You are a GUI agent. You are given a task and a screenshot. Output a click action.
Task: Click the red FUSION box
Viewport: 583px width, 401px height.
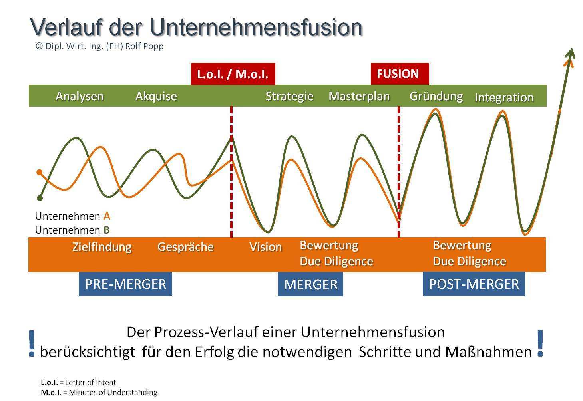399,74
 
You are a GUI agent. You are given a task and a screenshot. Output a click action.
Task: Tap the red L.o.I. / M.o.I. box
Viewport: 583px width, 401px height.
233,74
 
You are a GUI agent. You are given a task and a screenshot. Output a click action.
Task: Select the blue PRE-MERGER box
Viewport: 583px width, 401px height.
125,284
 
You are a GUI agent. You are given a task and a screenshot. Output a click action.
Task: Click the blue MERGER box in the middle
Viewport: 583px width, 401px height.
310,284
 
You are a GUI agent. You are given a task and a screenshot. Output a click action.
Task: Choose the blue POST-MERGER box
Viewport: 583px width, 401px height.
474,284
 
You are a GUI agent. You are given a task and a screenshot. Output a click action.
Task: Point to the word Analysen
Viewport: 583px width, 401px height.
80,96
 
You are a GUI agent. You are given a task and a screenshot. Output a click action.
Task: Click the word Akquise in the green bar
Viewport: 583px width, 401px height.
156,96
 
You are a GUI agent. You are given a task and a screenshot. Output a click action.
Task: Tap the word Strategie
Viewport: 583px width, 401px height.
289,96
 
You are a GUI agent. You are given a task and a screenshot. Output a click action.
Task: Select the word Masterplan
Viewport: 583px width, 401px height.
359,96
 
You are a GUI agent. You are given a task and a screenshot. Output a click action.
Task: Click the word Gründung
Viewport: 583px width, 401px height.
436,96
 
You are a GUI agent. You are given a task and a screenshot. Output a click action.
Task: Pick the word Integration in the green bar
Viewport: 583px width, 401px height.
504,97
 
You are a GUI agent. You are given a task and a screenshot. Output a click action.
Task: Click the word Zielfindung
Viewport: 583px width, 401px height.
102,247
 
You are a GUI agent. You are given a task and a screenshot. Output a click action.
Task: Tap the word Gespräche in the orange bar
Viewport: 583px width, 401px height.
185,247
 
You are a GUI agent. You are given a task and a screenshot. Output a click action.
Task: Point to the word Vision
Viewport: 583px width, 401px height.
265,247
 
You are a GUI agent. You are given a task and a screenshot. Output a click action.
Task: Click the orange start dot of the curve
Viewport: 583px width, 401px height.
39,172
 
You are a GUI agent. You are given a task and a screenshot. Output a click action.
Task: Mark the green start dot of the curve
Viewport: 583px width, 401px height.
40,198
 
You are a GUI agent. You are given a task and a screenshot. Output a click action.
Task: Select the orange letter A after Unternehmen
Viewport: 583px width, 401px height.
107,216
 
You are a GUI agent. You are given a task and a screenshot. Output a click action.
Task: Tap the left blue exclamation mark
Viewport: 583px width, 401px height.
32,343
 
